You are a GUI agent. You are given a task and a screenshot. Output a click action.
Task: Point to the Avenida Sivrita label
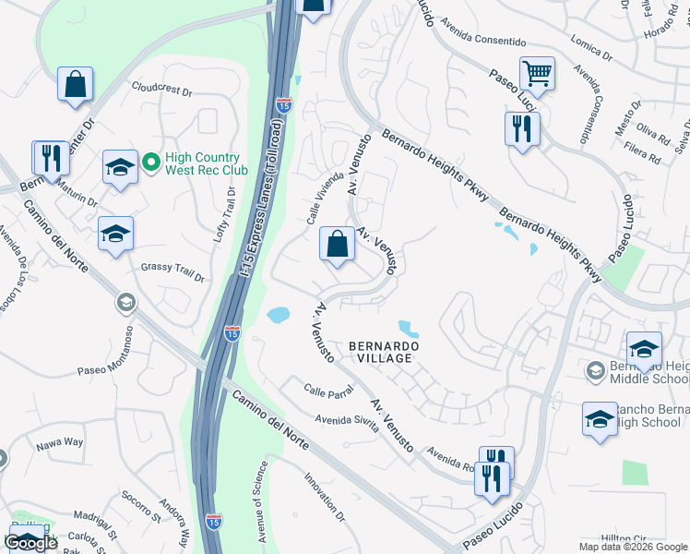click(x=348, y=419)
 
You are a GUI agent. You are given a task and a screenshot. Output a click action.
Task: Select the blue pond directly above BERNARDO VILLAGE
click(x=407, y=328)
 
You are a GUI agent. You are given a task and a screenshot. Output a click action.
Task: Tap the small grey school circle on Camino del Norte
click(x=125, y=303)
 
